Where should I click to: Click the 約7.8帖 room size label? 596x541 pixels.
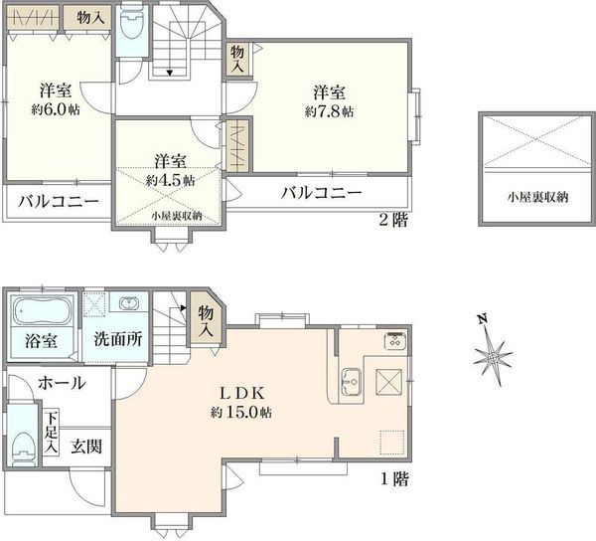coord(329,111)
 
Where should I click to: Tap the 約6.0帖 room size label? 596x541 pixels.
coord(56,109)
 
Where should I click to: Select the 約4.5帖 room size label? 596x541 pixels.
coord(170,180)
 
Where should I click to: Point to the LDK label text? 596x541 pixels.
coord(242,394)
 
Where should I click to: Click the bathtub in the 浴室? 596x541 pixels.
coord(42,310)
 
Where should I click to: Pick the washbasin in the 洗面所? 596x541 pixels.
coord(129,303)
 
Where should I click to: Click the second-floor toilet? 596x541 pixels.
coord(131,23)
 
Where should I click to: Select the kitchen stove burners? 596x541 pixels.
coord(395,341)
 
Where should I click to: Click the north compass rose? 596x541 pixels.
coord(493,358)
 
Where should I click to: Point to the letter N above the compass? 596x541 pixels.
coord(483,319)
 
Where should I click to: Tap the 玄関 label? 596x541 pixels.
coord(86,446)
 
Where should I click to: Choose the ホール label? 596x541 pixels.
coord(62,383)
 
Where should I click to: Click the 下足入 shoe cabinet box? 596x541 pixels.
coord(51,433)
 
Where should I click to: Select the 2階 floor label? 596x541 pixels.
coord(393,220)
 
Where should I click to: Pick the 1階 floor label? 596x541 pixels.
coord(394,479)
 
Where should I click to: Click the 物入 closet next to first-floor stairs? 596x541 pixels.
coord(206,319)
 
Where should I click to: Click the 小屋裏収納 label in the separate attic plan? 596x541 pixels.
coord(537,197)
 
